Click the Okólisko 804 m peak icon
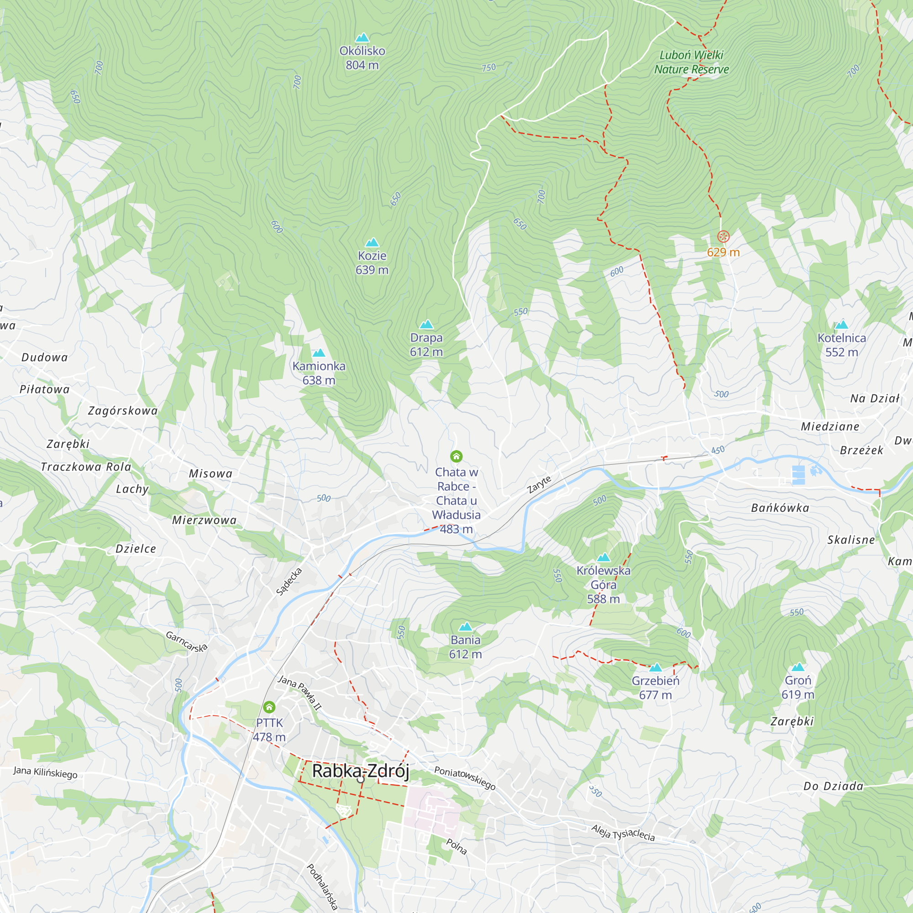362,37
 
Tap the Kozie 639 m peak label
372,263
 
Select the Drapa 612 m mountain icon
426,324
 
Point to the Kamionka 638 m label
319,373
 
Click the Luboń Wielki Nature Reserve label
691,63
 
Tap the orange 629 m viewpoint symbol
723,236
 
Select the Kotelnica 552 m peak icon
842,325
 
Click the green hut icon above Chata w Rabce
456,456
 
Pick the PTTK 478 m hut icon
269,707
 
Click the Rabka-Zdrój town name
360,771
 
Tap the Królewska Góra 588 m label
603,585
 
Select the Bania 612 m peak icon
466,627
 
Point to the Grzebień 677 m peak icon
656,667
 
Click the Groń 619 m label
798,687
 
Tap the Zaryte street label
539,485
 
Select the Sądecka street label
289,582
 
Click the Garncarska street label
187,642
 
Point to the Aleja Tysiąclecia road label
623,832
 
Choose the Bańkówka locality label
780,508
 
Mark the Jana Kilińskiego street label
45,773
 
